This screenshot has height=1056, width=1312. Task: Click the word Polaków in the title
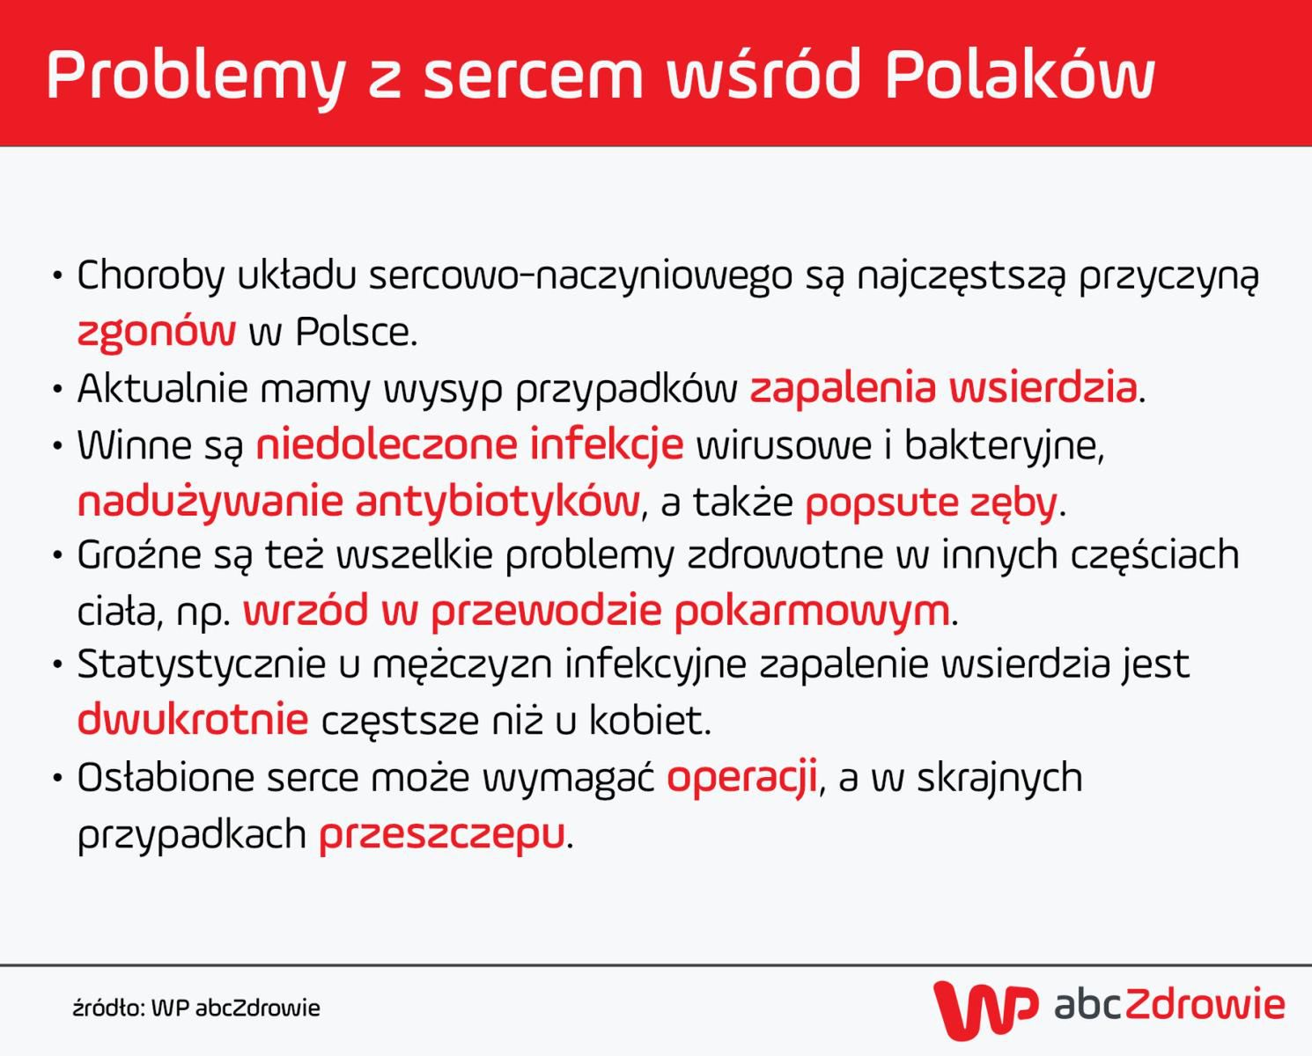tap(1019, 75)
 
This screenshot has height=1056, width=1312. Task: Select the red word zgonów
tap(156, 332)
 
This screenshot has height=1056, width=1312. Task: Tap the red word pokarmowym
tap(811, 612)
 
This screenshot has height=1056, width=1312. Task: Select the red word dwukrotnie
tap(193, 720)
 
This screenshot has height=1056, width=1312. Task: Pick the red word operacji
tap(741, 778)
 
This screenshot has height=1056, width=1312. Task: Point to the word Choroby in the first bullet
tap(151, 276)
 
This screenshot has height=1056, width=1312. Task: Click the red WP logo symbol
tap(985, 1008)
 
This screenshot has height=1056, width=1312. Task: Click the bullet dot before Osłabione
tap(58, 779)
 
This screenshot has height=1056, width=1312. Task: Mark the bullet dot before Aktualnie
tap(58, 389)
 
